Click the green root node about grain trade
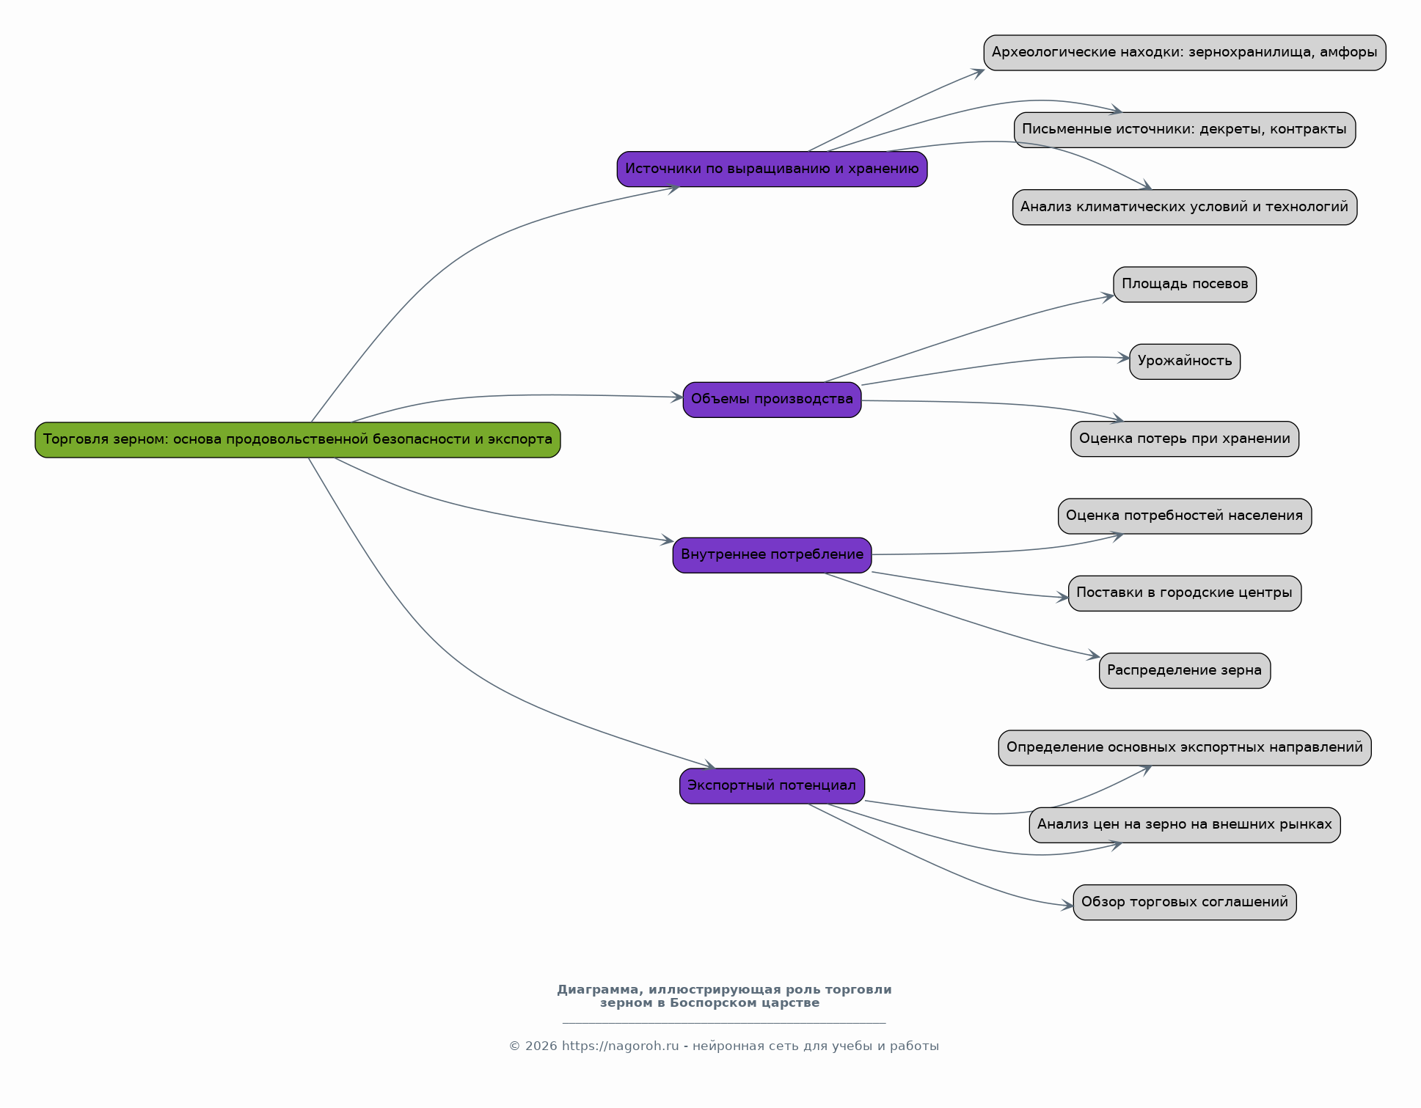point(298,440)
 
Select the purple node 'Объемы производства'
point(772,400)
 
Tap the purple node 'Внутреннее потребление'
point(772,555)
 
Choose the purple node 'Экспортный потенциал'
point(772,786)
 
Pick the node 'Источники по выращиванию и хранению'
point(772,169)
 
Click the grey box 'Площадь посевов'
point(1185,285)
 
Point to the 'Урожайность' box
point(1185,362)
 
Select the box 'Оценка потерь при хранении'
point(1185,439)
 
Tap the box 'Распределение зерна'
point(1185,671)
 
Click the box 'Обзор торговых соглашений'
point(1185,903)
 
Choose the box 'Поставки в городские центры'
point(1185,593)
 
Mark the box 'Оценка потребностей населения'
point(1185,516)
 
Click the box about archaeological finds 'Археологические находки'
point(1185,53)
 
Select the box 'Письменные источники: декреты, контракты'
point(1185,130)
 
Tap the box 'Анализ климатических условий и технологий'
point(1185,208)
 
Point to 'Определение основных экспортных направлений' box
point(1185,748)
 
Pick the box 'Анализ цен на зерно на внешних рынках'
point(1185,825)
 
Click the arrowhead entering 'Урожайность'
point(1124,358)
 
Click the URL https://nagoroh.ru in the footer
point(621,1046)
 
